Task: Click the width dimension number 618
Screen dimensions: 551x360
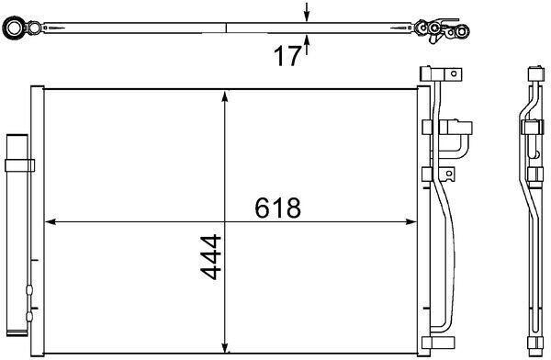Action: coord(277,208)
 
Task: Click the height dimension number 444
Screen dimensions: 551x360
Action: coord(210,257)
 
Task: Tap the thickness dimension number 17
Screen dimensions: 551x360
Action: coord(287,56)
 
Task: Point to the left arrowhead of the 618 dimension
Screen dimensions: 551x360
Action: coord(51,222)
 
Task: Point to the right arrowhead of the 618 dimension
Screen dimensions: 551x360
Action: coord(410,222)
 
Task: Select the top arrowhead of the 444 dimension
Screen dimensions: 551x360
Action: coord(225,96)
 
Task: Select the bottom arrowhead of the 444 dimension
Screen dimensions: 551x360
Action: coord(225,348)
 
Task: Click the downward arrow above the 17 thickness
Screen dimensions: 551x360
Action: coord(307,12)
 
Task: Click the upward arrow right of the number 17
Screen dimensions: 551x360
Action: coord(307,44)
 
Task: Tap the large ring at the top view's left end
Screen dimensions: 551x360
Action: coord(14,28)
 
